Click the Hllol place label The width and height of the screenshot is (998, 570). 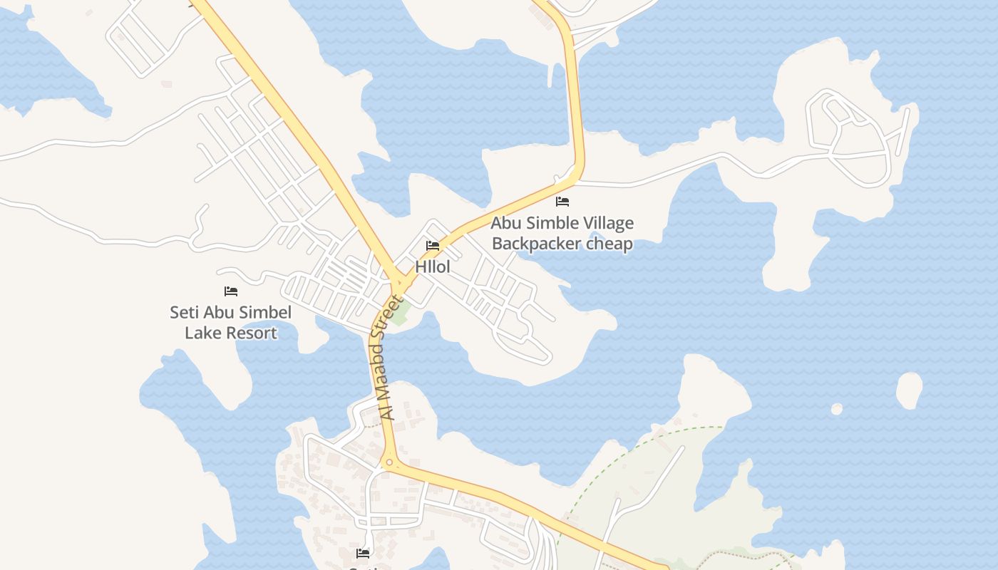(433, 267)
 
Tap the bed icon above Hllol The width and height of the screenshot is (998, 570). (433, 247)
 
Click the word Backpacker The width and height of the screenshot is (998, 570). (536, 244)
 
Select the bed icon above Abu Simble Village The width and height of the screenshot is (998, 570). (562, 202)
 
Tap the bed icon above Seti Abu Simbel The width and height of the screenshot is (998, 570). (230, 291)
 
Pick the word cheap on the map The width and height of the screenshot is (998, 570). (609, 244)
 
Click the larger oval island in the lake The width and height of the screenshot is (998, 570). (909, 390)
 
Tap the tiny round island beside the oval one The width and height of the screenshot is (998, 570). (836, 409)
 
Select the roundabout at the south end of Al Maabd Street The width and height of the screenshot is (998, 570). (388, 463)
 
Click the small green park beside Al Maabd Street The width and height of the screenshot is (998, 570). (399, 313)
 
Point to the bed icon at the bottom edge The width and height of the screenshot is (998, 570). (363, 553)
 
